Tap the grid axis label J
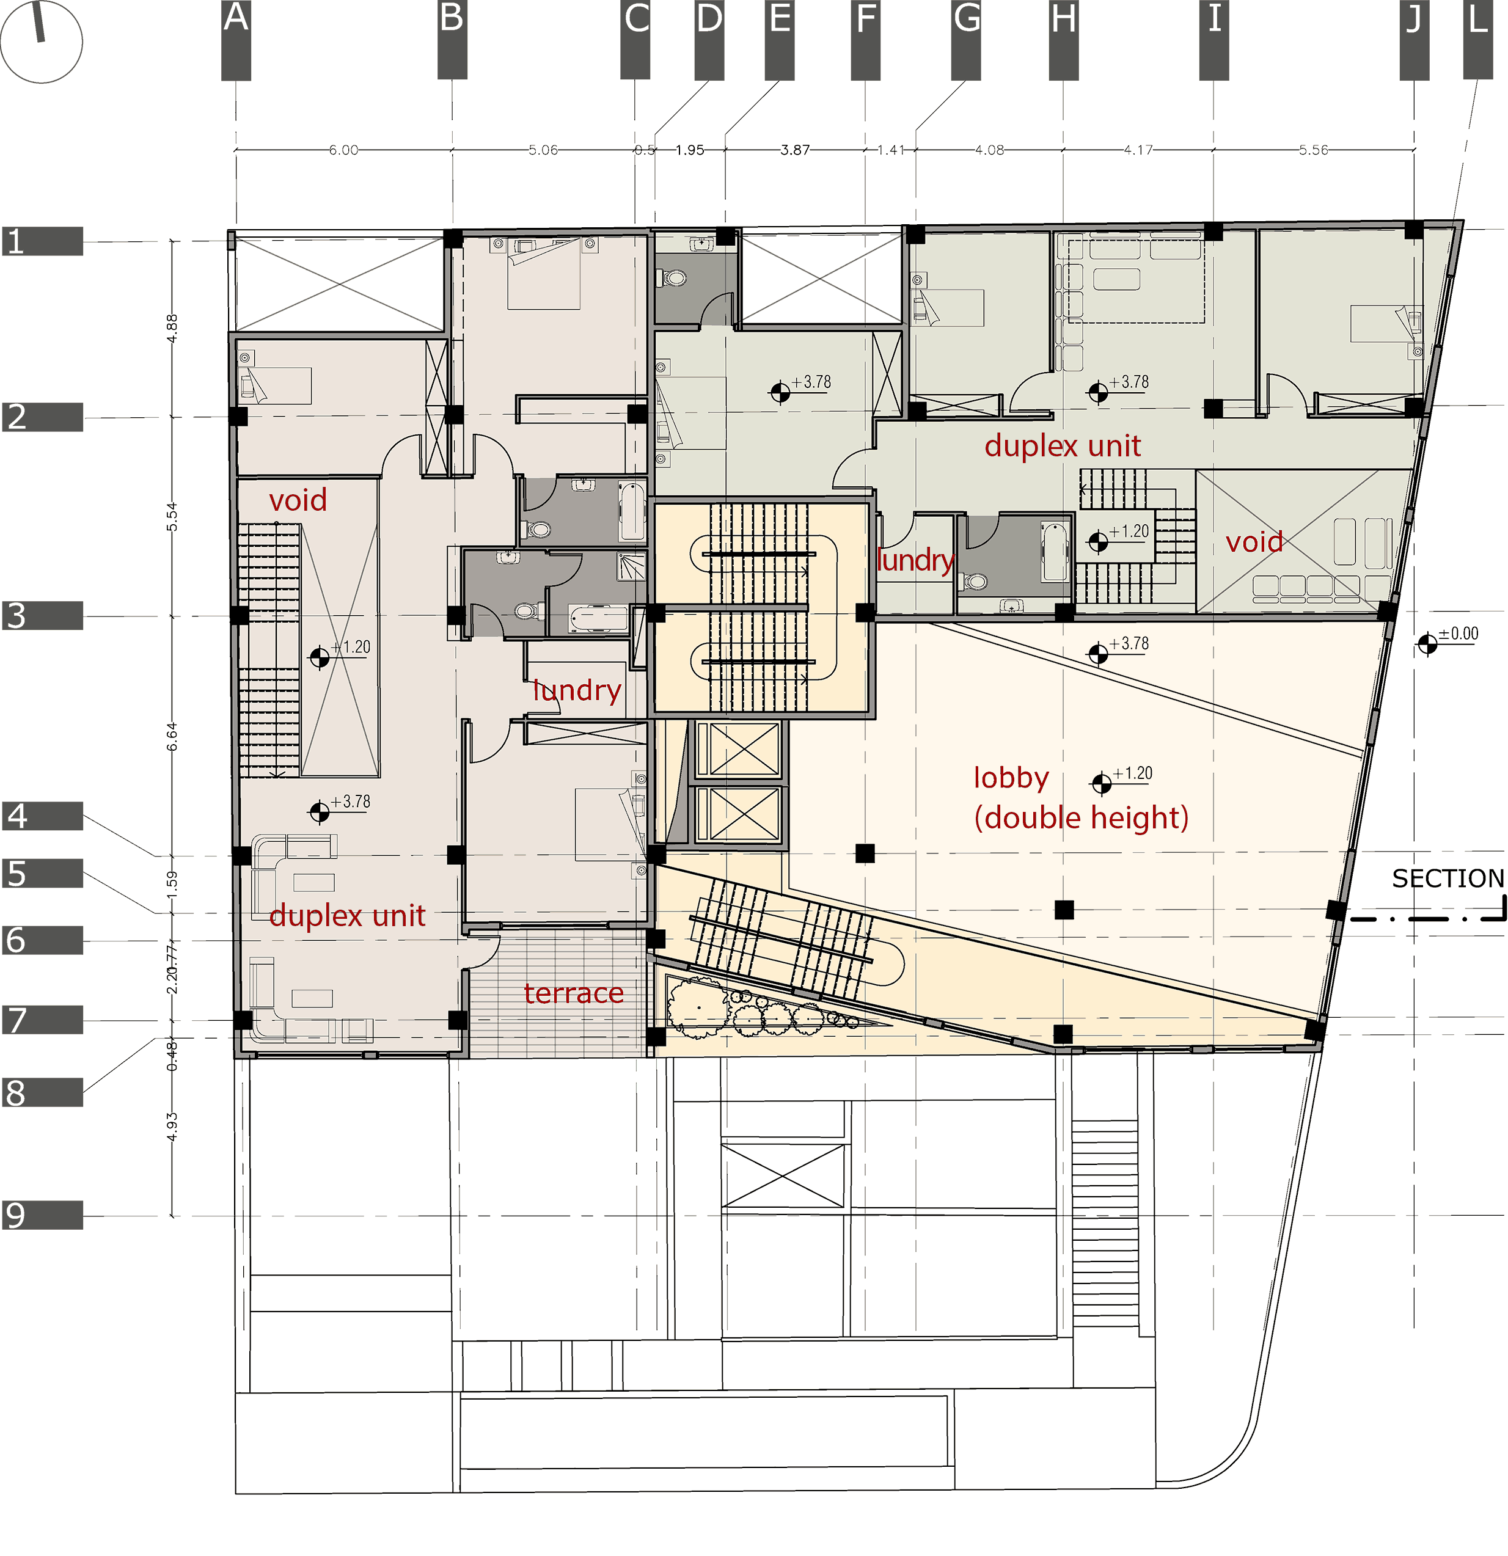[1413, 19]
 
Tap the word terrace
[573, 993]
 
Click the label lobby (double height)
[1080, 798]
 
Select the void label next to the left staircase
[298, 500]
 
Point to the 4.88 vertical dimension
[172, 329]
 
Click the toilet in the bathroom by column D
[674, 278]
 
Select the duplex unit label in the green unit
[1062, 446]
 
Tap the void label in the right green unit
[1253, 542]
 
